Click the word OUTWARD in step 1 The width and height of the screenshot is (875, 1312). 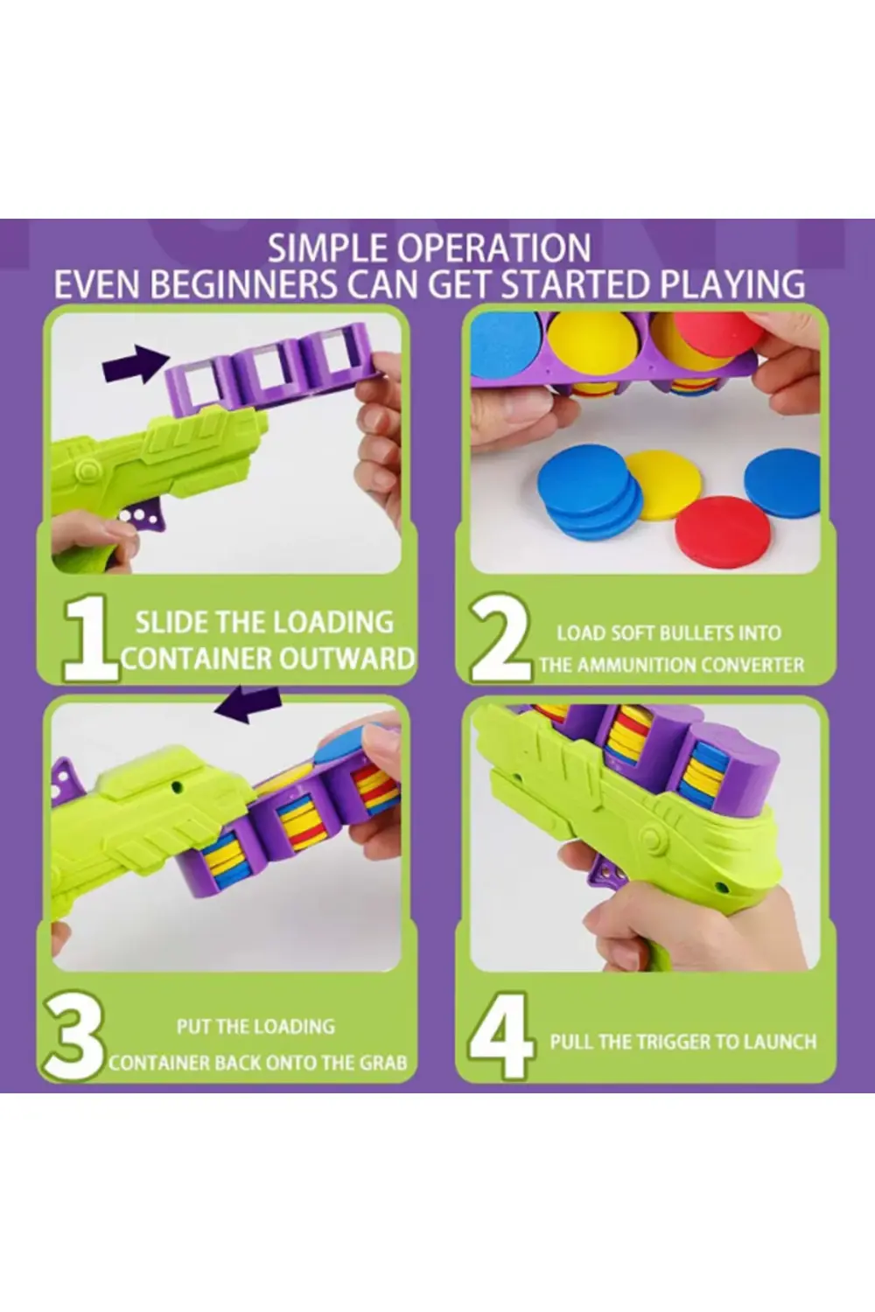coord(346,659)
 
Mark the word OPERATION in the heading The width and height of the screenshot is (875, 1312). coord(494,248)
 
